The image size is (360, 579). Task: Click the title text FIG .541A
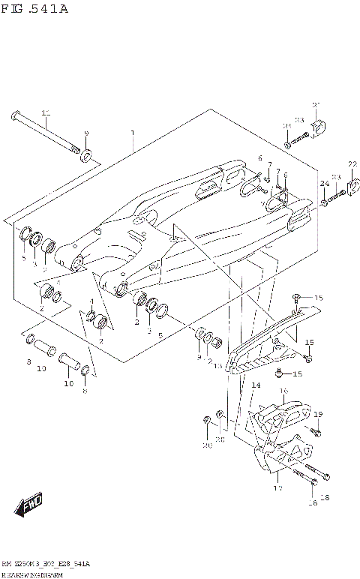(x=35, y=9)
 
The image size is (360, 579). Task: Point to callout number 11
(x=45, y=113)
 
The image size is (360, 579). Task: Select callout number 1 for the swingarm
(x=133, y=133)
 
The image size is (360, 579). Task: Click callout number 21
(x=316, y=104)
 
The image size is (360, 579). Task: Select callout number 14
(x=256, y=385)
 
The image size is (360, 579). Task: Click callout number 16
(x=284, y=391)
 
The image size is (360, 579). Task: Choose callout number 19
(x=318, y=414)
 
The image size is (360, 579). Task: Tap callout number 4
(x=91, y=302)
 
